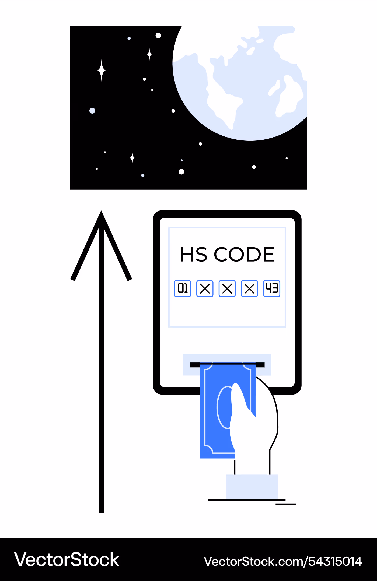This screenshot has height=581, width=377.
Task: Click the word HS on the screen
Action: pyautogui.click(x=193, y=254)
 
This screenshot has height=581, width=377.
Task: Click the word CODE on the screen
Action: pyautogui.click(x=244, y=254)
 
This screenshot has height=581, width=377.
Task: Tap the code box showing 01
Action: pyautogui.click(x=183, y=288)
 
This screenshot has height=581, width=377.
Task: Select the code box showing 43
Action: pyautogui.click(x=272, y=288)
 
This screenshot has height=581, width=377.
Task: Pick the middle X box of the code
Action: pyautogui.click(x=227, y=288)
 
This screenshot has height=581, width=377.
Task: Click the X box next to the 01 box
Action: pyautogui.click(x=205, y=288)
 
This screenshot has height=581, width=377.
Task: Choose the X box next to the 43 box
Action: pyautogui.click(x=249, y=288)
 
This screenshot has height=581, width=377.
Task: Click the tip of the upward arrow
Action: pyautogui.click(x=101, y=211)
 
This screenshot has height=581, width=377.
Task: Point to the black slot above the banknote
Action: pyautogui.click(x=227, y=365)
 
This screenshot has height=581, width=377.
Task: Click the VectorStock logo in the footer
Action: pyautogui.click(x=67, y=560)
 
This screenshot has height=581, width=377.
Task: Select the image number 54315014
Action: pyautogui.click(x=335, y=561)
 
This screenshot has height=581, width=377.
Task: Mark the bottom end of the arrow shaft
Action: pyautogui.click(x=101, y=512)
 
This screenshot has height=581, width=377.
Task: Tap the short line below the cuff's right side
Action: pyautogui.click(x=286, y=504)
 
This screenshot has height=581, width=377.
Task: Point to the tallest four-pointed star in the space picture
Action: pyautogui.click(x=102, y=71)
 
